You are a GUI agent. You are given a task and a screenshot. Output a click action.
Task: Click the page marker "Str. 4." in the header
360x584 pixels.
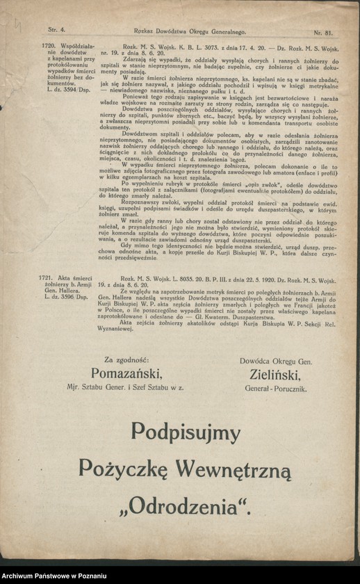pyautogui.click(x=56, y=31)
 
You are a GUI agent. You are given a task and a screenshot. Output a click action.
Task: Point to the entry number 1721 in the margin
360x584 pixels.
pyautogui.click(x=54, y=277)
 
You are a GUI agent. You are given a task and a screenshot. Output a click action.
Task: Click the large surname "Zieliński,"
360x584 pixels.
pyautogui.click(x=276, y=376)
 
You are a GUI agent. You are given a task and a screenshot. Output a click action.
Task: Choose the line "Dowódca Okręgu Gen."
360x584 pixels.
pyautogui.click(x=276, y=362)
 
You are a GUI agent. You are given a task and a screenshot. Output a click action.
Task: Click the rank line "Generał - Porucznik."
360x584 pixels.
pyautogui.click(x=276, y=389)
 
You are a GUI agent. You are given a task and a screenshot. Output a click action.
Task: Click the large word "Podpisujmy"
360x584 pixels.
pyautogui.click(x=185, y=432)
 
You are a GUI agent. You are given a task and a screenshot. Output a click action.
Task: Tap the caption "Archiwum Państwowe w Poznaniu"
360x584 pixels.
pyautogui.click(x=54, y=576)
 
